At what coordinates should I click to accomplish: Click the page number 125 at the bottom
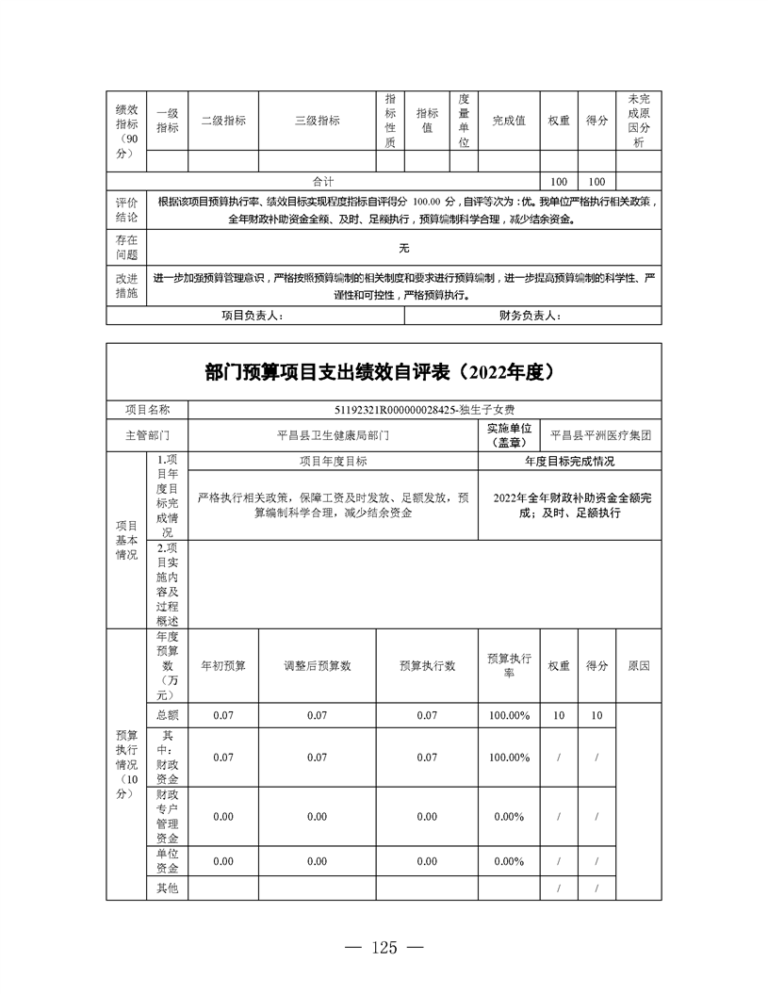coord(384,947)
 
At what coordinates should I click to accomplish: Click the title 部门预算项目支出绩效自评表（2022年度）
coord(384,371)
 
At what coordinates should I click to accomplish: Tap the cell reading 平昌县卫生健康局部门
coord(333,436)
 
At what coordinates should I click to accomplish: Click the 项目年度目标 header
coord(333,462)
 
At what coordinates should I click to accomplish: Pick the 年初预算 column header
coord(223,665)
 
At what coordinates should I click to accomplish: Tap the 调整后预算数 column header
coord(318,665)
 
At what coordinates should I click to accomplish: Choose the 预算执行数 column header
coord(427,665)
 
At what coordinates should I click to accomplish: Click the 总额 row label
coord(167,716)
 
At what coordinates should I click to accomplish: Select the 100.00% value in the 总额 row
coord(509,716)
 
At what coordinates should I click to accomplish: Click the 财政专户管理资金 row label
coord(167,817)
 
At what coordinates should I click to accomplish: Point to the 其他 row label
coord(167,888)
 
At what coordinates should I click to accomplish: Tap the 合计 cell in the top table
coord(323,181)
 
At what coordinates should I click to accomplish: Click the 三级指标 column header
coord(318,121)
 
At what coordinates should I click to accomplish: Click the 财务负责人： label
coord(530,316)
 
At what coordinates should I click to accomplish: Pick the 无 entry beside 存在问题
coord(403,249)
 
